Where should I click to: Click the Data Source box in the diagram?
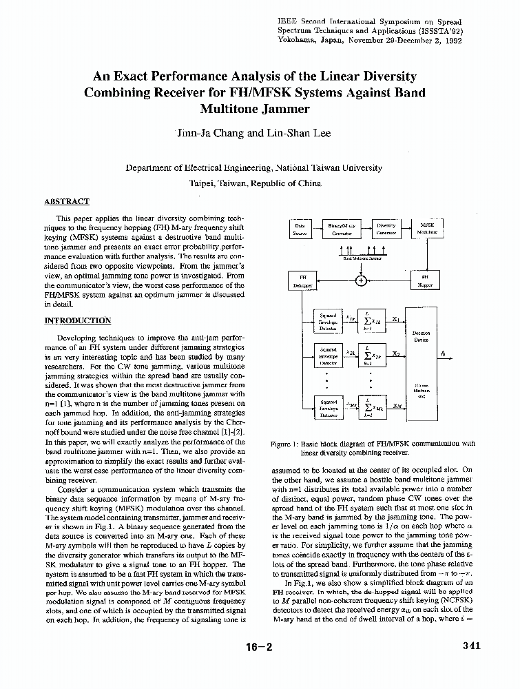tap(300, 229)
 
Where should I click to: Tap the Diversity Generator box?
tap(386, 229)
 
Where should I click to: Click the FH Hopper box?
tap(425, 280)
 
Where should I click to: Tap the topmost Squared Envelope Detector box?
tap(329, 321)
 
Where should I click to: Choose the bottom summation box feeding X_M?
tap(376, 407)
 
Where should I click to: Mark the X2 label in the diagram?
tap(396, 353)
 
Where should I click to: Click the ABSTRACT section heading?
tap(67, 201)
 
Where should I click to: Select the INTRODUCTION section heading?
tap(77, 320)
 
